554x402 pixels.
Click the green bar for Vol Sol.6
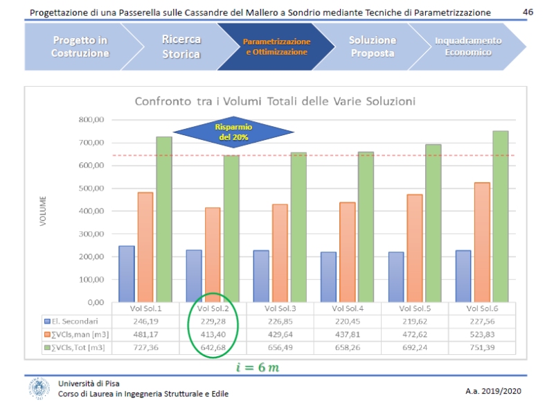[501, 216]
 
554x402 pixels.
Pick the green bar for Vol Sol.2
[231, 229]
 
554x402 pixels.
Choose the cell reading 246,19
[146, 322]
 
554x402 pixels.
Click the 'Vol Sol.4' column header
[348, 308]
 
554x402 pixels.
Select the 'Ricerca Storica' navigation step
[181, 46]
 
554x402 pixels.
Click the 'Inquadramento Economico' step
[467, 46]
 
